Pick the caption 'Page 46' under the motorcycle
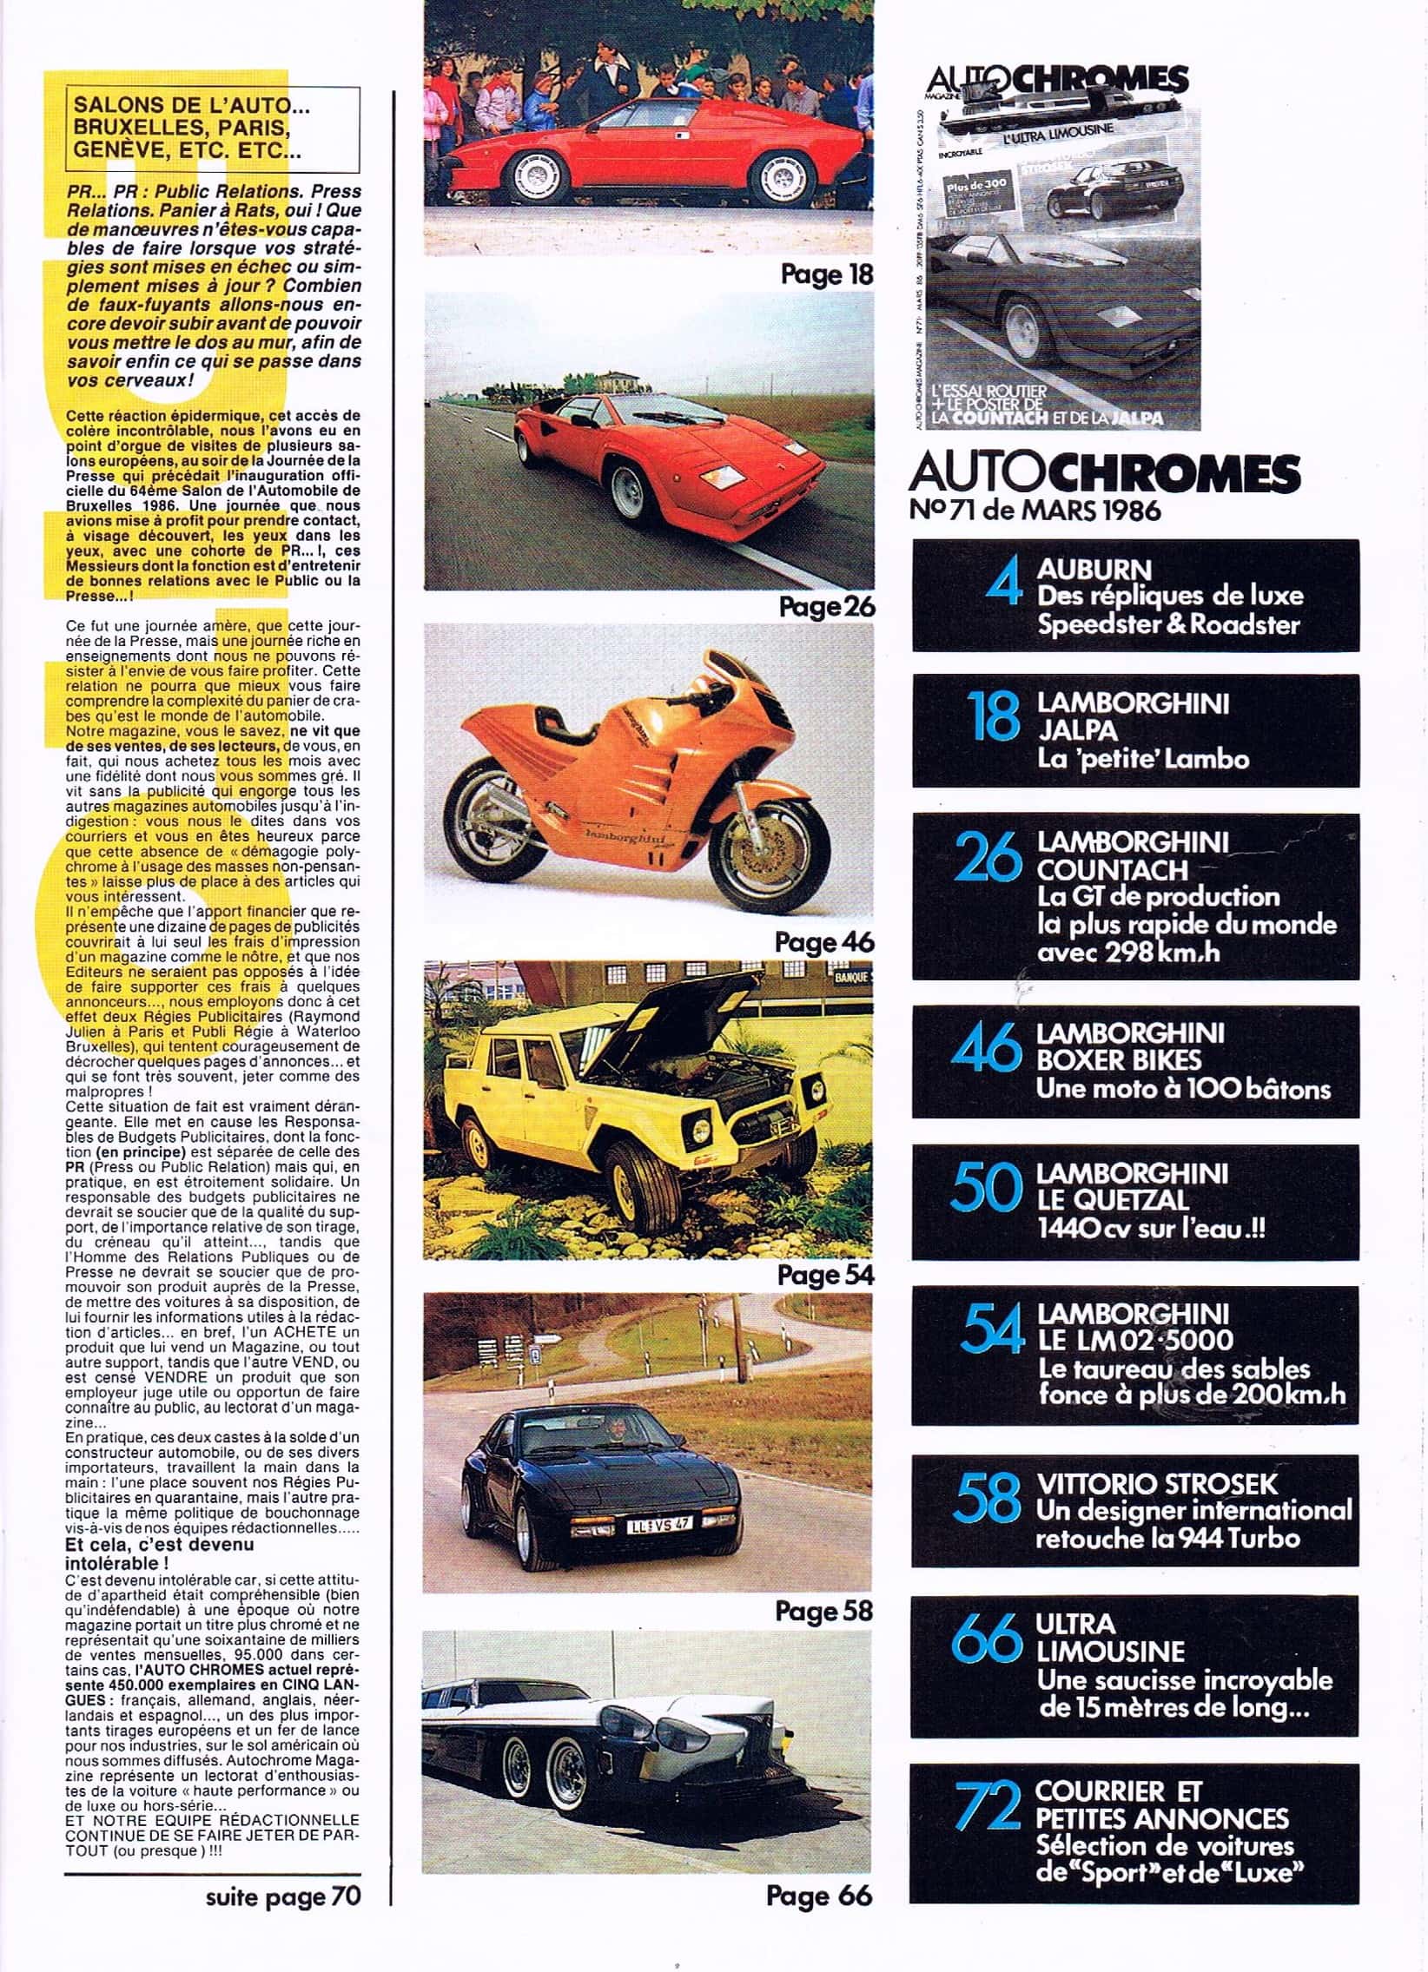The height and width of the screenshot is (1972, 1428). tap(823, 940)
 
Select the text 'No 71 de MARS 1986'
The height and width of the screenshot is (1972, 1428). tap(1035, 510)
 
